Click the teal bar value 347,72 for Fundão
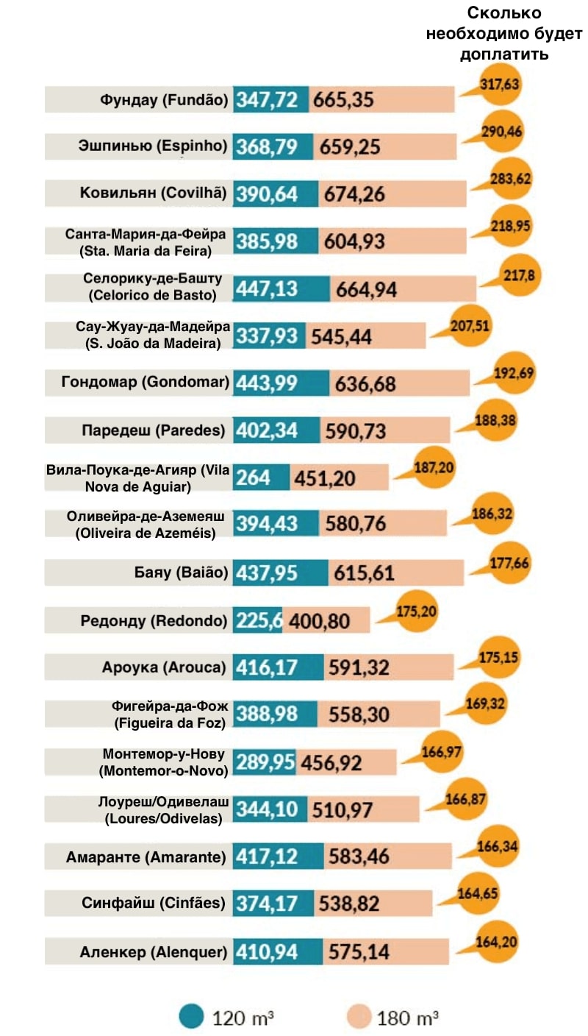270,99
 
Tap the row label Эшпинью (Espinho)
153,146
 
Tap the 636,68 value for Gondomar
365,384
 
